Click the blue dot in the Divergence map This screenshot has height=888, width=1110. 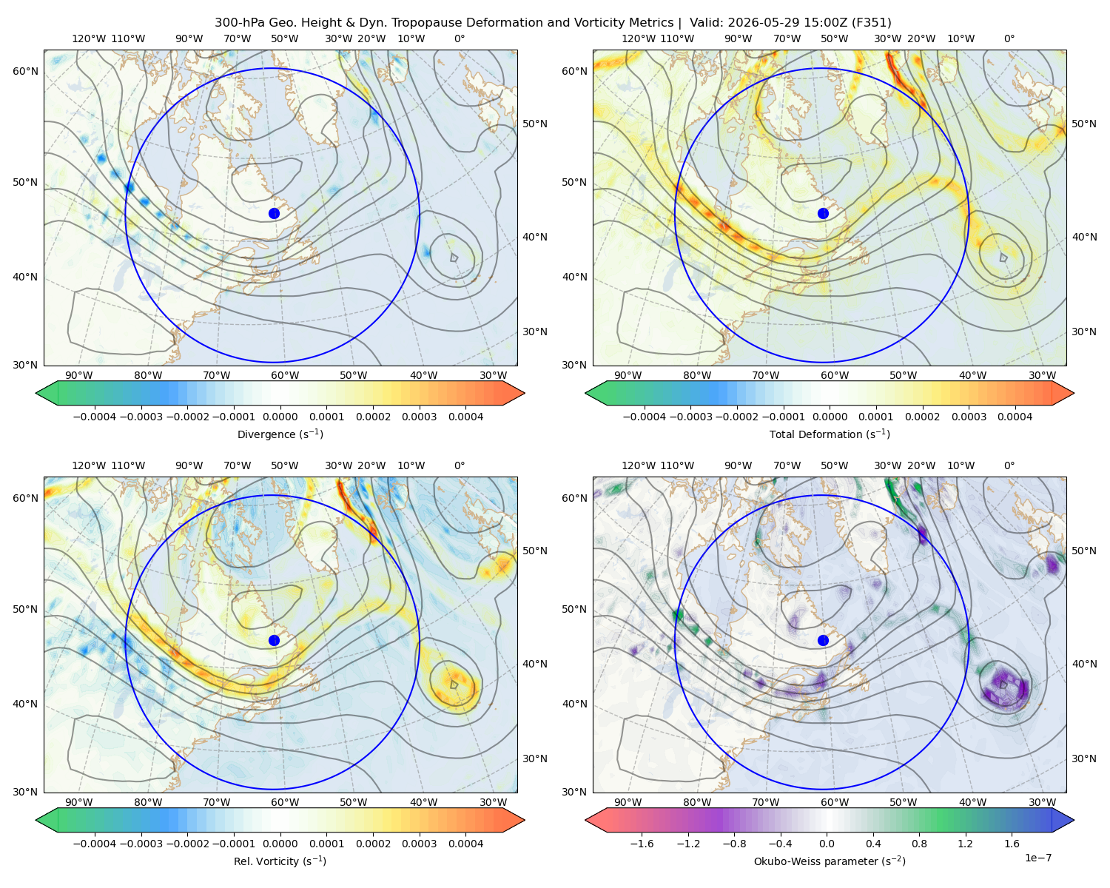[x=274, y=214]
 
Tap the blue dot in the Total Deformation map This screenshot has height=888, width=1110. [x=823, y=214]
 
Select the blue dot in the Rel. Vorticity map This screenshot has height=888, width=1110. [x=274, y=640]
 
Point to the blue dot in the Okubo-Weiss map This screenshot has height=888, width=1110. [x=823, y=640]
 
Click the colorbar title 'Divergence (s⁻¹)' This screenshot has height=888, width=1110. [x=280, y=434]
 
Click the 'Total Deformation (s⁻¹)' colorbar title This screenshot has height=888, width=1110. [x=830, y=434]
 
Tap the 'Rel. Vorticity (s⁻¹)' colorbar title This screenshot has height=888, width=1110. [x=280, y=861]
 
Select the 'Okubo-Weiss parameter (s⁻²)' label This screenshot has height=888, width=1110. [x=830, y=861]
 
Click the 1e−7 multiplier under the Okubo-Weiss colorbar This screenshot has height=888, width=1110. [x=1037, y=858]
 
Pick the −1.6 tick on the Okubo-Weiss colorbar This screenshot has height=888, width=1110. [x=642, y=844]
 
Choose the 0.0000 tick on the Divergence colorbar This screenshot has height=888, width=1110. [x=280, y=417]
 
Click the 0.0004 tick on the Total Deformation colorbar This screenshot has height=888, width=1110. [x=1015, y=417]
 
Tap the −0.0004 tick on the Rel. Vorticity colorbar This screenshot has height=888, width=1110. [x=95, y=844]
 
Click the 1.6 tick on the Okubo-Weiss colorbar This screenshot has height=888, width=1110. [x=1012, y=844]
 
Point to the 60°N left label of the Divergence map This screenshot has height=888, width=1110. [x=25, y=71]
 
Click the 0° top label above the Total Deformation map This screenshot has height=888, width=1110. [x=1009, y=38]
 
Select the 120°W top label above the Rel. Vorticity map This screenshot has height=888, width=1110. [x=89, y=465]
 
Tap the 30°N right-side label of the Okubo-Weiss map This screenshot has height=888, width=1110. [x=1083, y=758]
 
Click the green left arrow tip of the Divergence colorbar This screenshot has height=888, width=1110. [x=36, y=393]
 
